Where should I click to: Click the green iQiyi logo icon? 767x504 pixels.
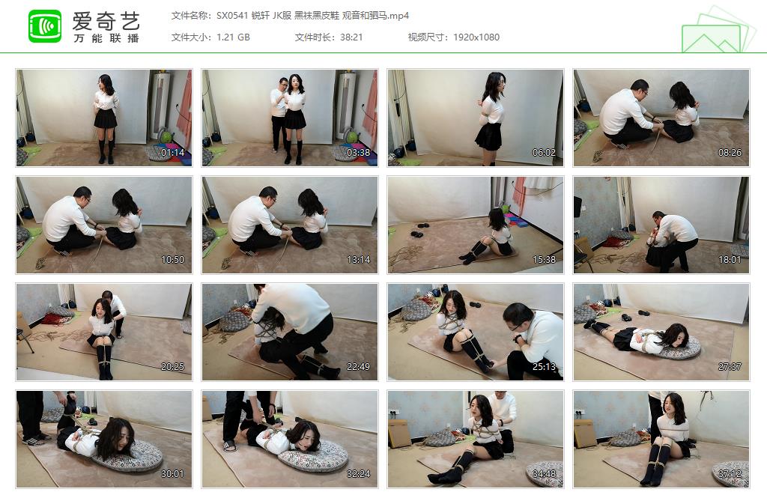45,26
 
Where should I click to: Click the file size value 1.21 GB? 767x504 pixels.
233,37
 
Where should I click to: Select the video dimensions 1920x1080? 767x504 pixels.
476,37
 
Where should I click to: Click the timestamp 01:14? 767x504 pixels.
172,153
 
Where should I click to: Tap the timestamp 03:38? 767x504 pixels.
358,153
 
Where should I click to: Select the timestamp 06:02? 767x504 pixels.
544,153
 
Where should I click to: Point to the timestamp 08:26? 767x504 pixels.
730,153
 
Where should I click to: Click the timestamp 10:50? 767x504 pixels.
172,260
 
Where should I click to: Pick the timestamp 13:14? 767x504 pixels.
358,260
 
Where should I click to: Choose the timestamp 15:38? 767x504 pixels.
544,260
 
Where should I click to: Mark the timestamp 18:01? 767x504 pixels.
730,260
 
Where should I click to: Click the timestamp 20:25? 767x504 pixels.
172,367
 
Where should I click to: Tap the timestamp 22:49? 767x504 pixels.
358,367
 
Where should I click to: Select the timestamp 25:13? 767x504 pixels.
544,367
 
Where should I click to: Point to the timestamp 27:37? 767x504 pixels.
730,367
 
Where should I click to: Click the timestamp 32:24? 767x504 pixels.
358,474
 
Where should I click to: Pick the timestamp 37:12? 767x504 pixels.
730,474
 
